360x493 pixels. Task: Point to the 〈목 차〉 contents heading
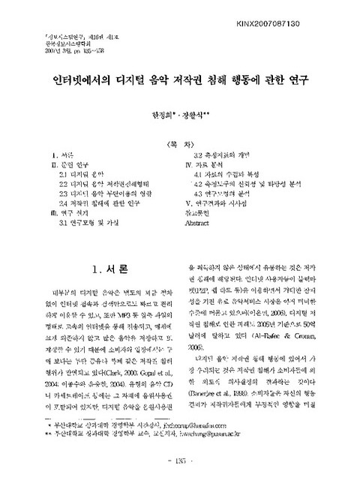[x=179, y=143]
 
